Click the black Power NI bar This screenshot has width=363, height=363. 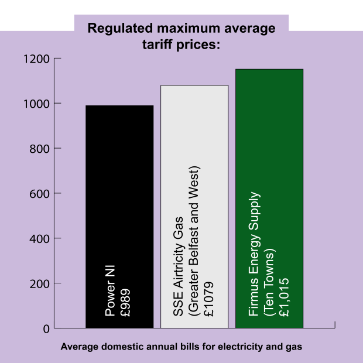(119, 217)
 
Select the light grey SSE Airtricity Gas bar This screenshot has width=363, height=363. (194, 207)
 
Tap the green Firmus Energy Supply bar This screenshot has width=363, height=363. (269, 198)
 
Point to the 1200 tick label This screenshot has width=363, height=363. (36, 59)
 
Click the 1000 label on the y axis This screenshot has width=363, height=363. (36, 104)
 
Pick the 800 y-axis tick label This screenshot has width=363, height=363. (40, 149)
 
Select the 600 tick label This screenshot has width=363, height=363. (40, 194)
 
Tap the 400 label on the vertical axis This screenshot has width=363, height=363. (40, 239)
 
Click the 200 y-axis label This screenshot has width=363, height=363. (40, 283)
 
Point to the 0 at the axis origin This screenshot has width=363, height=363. (46, 328)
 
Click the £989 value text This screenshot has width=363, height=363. (125, 303)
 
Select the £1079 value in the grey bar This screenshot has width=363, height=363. (208, 299)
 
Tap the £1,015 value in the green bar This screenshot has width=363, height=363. (284, 297)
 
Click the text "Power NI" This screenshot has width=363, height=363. (110, 291)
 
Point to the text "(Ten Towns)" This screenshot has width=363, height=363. (269, 282)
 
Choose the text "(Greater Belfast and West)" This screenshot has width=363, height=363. (194, 241)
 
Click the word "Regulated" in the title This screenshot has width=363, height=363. (120, 29)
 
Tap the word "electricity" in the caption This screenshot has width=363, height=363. (241, 347)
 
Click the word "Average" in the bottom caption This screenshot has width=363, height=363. (80, 347)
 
